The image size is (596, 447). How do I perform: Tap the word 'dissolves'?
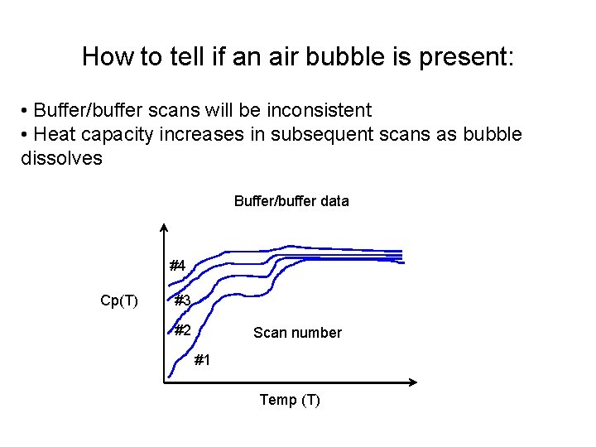61,158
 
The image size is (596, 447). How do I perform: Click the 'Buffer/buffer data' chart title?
291,201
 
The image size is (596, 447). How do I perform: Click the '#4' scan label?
177,267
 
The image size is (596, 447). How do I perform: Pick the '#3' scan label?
182,300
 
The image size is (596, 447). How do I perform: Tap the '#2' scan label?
182,331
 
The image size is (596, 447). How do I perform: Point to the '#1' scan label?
202,360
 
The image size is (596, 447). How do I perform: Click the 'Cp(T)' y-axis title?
119,300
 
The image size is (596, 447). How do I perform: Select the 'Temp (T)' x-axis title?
290,401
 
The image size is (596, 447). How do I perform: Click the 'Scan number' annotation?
297,333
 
